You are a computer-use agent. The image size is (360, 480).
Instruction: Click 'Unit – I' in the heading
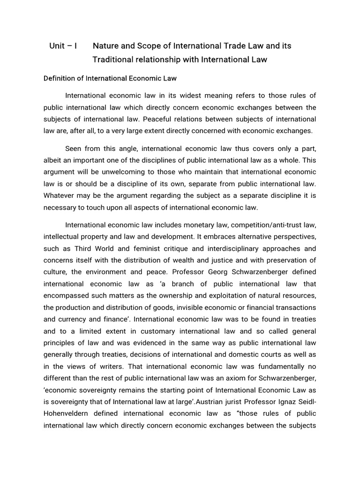pyautogui.click(x=63, y=46)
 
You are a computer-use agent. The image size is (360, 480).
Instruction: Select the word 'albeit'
pyautogui.click(x=53, y=160)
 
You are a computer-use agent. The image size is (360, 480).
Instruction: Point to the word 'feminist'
pyautogui.click(x=155, y=248)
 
